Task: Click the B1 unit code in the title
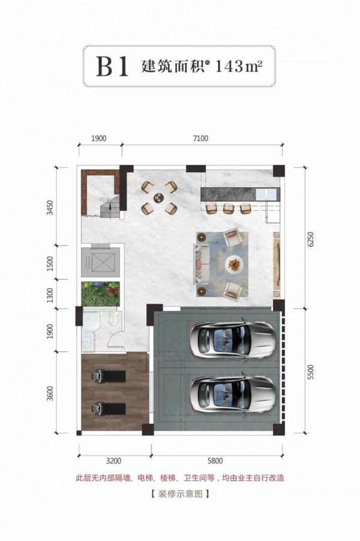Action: (x=112, y=66)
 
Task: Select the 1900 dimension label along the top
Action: (x=98, y=138)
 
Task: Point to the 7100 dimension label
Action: (x=200, y=138)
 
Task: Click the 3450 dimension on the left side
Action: (x=50, y=207)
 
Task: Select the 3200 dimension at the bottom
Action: (x=113, y=461)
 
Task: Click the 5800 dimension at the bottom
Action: (x=215, y=461)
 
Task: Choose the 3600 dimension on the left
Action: (x=50, y=393)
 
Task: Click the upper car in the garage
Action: (x=232, y=338)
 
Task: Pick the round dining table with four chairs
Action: (x=160, y=198)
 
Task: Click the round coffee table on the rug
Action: (x=235, y=265)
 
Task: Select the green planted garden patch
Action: (x=100, y=294)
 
